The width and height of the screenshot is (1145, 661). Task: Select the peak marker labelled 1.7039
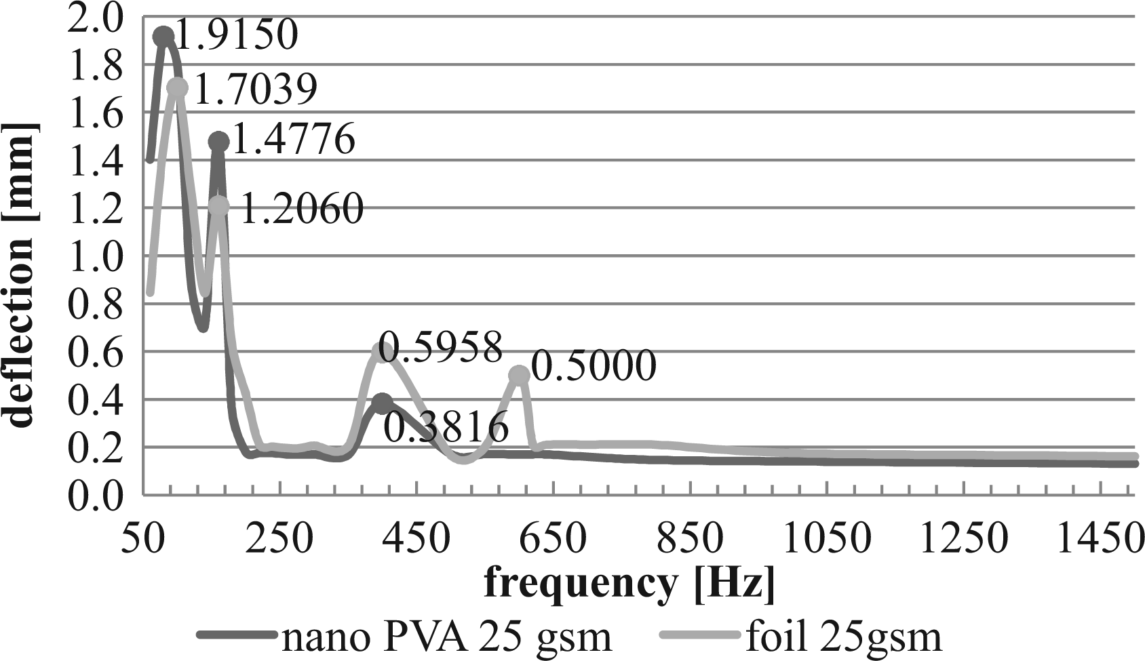(x=177, y=87)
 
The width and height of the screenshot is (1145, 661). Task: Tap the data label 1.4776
(x=294, y=139)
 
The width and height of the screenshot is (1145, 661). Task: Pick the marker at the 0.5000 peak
(x=519, y=376)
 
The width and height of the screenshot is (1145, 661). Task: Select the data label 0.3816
(x=446, y=428)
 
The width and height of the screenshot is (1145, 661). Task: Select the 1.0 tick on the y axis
(x=96, y=255)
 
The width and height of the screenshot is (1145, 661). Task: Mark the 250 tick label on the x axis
(x=279, y=540)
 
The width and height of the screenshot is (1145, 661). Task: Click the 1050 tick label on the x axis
(x=826, y=540)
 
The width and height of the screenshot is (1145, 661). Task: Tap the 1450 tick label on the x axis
(x=1099, y=540)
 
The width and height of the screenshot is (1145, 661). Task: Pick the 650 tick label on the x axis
(x=552, y=540)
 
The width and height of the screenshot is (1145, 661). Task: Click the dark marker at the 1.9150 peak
(x=163, y=36)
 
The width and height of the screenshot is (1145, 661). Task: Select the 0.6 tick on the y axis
(x=96, y=351)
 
